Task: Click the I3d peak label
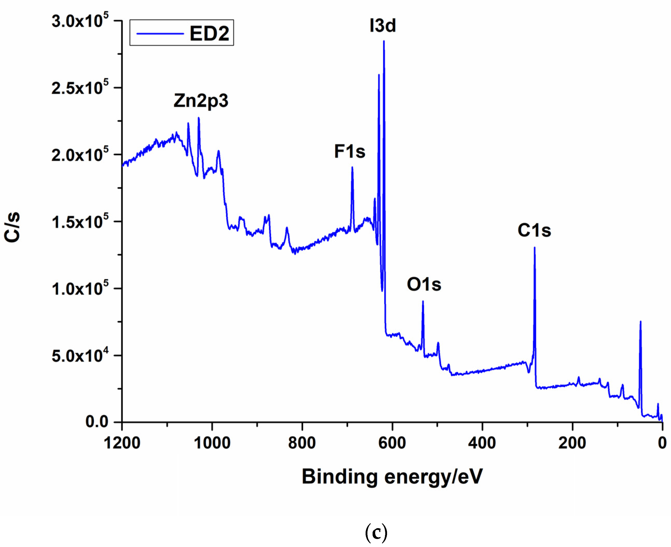point(382,26)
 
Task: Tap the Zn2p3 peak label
point(201,101)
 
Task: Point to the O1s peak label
point(424,284)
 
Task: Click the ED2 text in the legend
point(209,33)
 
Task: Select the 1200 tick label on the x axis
point(122,443)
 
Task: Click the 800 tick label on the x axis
point(302,443)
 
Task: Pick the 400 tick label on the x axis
point(482,443)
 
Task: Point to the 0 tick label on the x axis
point(662,443)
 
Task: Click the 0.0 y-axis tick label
point(97,422)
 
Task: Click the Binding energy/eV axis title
point(392,476)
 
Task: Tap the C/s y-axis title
point(13,227)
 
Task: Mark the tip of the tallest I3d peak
point(383,41)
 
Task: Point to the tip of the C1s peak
point(534,248)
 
